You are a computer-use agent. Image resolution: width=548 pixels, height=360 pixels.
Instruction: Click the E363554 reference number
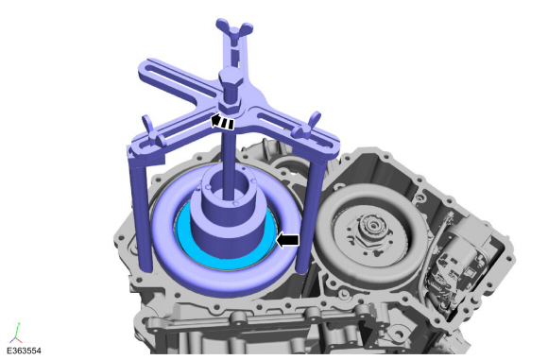(24, 351)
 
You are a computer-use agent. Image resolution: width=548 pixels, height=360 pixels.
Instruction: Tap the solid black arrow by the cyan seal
(287, 240)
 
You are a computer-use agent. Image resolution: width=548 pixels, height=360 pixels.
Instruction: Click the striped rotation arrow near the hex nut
(222, 121)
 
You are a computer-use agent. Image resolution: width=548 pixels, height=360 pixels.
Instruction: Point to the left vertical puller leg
(143, 210)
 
